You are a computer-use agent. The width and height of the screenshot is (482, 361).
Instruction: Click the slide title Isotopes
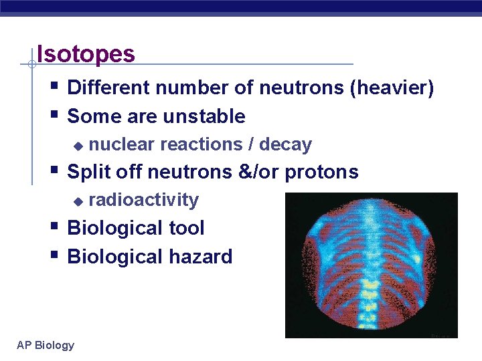tap(86, 53)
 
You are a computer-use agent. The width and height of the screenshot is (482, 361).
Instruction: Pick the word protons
tap(321, 172)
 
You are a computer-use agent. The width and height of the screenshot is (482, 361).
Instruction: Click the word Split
tap(89, 172)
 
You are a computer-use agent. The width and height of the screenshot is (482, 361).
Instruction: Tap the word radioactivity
tap(143, 200)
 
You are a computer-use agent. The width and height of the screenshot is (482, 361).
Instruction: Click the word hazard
tap(200, 257)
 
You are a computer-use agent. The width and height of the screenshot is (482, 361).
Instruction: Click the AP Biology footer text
tap(46, 345)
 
